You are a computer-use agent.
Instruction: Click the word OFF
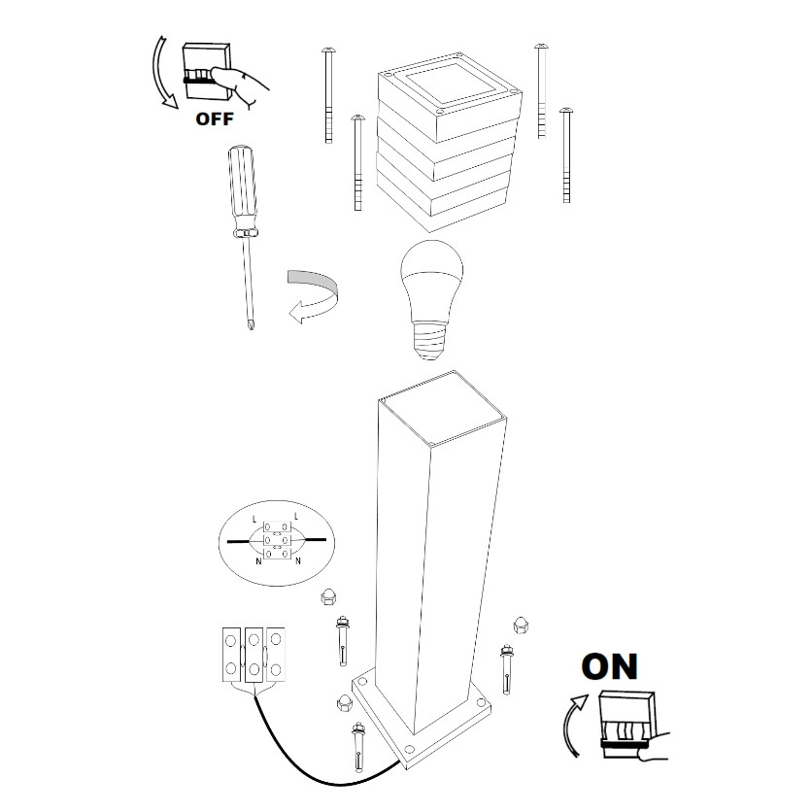[x=215, y=118]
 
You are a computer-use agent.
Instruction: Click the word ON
[x=610, y=666]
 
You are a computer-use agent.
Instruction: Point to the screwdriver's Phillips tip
[x=251, y=324]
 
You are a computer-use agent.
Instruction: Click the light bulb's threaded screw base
[x=431, y=340]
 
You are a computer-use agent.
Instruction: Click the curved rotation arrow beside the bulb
[x=313, y=295]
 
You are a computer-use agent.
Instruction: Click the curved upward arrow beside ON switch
[x=572, y=726]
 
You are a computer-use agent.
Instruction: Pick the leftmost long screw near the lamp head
[x=327, y=95]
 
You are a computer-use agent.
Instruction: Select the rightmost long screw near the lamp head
[x=566, y=154]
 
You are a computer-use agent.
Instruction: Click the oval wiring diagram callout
[x=277, y=543]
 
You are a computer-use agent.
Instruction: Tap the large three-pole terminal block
[x=254, y=655]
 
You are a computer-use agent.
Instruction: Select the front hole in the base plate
[x=409, y=748]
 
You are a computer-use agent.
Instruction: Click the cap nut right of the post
[x=521, y=625]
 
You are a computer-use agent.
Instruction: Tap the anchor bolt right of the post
[x=506, y=668]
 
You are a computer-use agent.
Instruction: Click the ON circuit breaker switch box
[x=627, y=724]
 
